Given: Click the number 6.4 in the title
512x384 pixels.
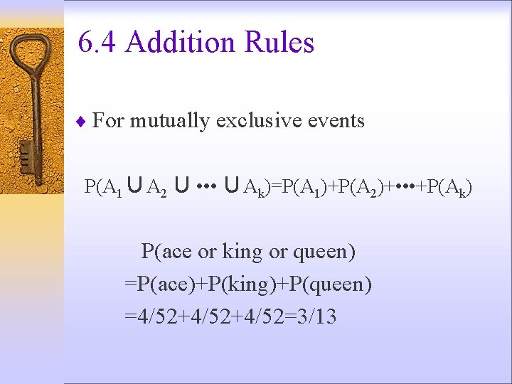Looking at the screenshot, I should [97, 43].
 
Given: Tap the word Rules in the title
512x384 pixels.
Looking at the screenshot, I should [279, 43].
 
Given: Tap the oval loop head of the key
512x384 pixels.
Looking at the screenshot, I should [32, 60].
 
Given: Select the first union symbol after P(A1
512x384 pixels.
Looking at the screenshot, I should [134, 186].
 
